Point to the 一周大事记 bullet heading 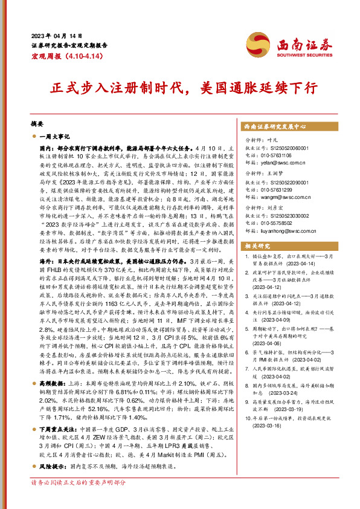54,137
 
